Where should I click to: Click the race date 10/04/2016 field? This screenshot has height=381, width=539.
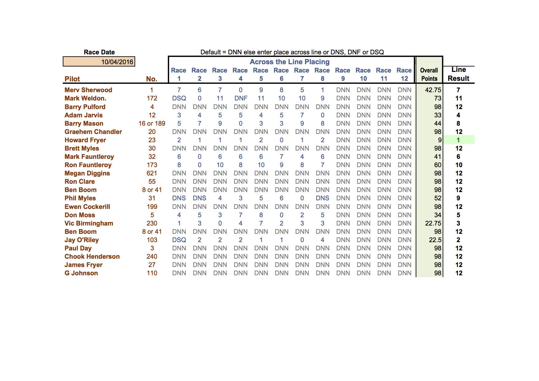pyautogui.click(x=99, y=62)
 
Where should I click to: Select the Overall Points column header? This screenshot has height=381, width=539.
pyautogui.click(x=429, y=74)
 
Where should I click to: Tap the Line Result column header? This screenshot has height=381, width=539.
pyautogui.click(x=458, y=74)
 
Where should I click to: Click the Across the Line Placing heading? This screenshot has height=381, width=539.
pyautogui.click(x=289, y=62)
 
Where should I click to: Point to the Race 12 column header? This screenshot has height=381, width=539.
pyautogui.click(x=404, y=74)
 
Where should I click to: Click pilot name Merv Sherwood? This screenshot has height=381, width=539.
pyautogui.click(x=88, y=90)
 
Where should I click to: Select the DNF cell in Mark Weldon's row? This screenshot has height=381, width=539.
pyautogui.click(x=241, y=98)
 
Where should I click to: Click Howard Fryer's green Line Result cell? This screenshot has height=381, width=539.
pyautogui.click(x=458, y=140)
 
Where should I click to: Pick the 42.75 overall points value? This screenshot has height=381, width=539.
pyautogui.click(x=433, y=90)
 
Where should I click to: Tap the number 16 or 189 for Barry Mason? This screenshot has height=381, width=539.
pyautogui.click(x=152, y=124)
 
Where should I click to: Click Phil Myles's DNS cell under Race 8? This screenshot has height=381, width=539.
pyautogui.click(x=322, y=198)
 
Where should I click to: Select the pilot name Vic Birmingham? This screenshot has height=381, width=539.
pyautogui.click(x=89, y=223)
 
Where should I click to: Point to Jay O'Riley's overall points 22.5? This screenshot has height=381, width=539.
pyautogui.click(x=435, y=240)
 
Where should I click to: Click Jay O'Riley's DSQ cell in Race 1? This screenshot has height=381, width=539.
pyautogui.click(x=179, y=240)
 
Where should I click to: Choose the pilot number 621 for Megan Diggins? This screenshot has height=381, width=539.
pyautogui.click(x=152, y=173)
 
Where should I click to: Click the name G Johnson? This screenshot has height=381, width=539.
pyautogui.click(x=81, y=273)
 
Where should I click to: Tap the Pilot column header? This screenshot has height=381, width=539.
pyautogui.click(x=72, y=79)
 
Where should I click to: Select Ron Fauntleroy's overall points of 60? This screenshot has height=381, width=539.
pyautogui.click(x=438, y=165)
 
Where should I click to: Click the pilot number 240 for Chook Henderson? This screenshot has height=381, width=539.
pyautogui.click(x=152, y=257)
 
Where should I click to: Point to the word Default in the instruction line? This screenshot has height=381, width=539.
pyautogui.click(x=211, y=52)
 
